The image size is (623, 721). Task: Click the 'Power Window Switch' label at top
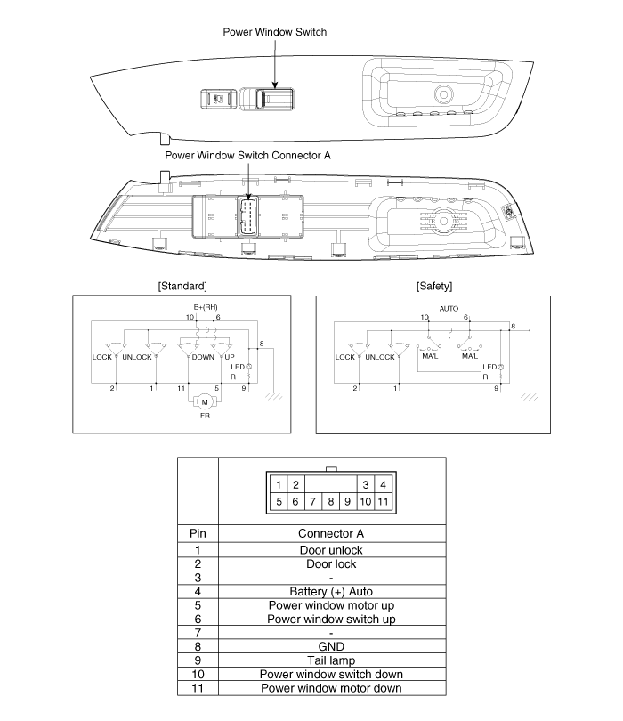[274, 32]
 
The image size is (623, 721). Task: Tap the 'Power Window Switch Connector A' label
[247, 156]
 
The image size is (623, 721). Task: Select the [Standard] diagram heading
[182, 286]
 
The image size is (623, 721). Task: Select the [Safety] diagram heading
[434, 286]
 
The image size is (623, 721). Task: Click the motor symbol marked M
[205, 401]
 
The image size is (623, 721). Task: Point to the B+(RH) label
[206, 307]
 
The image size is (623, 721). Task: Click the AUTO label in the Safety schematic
[449, 309]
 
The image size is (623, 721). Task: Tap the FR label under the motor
[205, 416]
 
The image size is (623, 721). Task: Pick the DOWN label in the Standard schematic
[203, 357]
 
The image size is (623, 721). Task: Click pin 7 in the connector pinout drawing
[312, 501]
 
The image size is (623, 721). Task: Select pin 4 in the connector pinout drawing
[383, 484]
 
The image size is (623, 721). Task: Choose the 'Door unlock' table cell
[331, 550]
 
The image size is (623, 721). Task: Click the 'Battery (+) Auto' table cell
[331, 591]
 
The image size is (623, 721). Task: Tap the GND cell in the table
[331, 646]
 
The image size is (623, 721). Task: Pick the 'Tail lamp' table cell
[331, 660]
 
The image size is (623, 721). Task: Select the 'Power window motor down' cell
[331, 688]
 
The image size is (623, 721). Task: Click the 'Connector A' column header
[331, 533]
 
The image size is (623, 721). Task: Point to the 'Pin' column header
[198, 533]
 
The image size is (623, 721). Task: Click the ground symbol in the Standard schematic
[273, 396]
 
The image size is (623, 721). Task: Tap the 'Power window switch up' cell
[331, 619]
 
